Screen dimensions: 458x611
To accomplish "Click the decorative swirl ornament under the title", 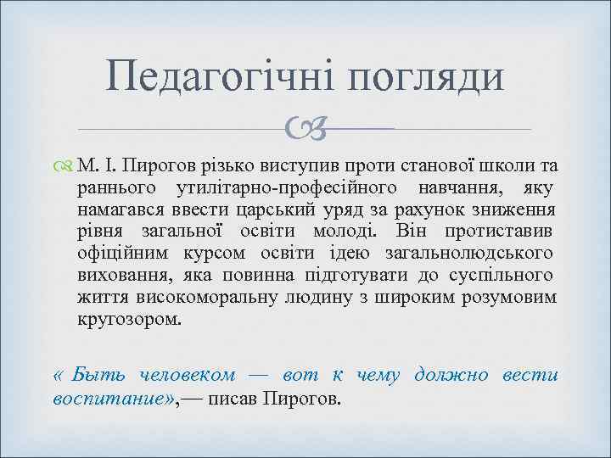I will pos(305,130).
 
